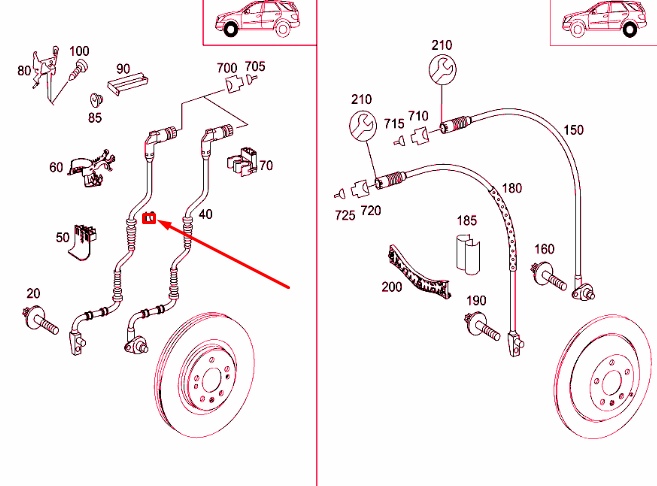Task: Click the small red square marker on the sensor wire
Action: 150,219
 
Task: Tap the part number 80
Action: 24,70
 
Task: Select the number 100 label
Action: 78,51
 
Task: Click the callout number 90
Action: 123,68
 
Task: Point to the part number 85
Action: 95,117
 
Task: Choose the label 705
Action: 255,67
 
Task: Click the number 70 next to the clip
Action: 266,165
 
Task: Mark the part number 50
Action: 62,238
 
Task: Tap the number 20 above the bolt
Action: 33,292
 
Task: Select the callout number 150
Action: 573,130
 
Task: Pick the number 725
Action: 344,215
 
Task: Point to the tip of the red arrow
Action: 161,222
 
